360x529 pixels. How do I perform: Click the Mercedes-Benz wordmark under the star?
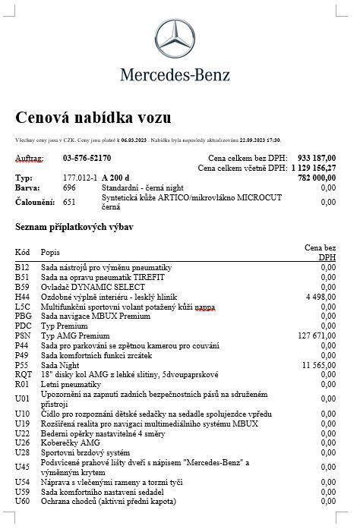click(x=180, y=74)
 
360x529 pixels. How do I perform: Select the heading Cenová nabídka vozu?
click(x=93, y=118)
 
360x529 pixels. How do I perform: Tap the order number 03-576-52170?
click(x=87, y=158)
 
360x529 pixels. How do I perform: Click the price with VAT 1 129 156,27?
click(x=313, y=167)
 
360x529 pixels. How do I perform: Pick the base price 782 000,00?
click(x=317, y=177)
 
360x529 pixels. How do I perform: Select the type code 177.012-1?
click(x=79, y=177)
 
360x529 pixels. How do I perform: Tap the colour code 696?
click(x=69, y=187)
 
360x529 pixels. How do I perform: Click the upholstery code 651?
click(x=69, y=202)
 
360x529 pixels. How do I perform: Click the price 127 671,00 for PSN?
click(x=317, y=335)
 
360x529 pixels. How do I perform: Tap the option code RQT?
click(x=24, y=374)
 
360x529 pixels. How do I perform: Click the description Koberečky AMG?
click(x=70, y=442)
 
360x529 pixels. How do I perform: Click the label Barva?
click(x=27, y=187)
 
